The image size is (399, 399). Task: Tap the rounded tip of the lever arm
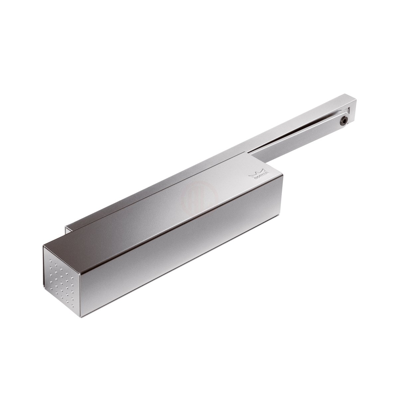(x=346, y=120)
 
